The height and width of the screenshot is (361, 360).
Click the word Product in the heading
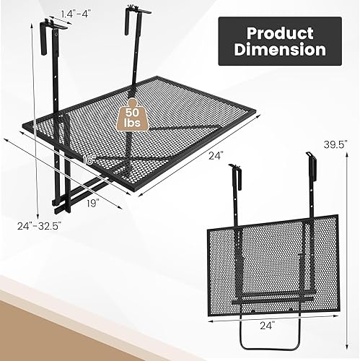click(279, 32)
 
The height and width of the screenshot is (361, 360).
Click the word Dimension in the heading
click(279, 51)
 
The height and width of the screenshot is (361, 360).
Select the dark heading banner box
click(279, 42)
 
